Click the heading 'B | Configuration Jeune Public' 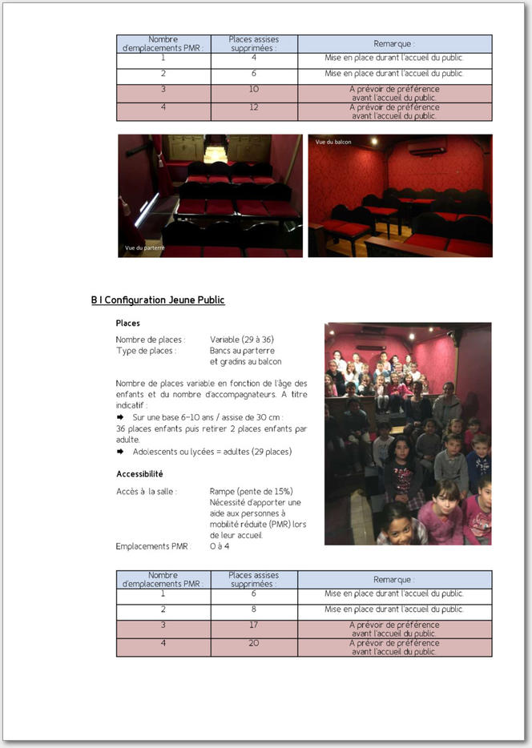(x=158, y=300)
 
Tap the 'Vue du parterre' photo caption (x=145, y=248)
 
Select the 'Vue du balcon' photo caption (x=333, y=142)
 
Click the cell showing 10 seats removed (x=254, y=90)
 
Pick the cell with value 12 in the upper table (x=254, y=107)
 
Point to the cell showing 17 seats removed (x=254, y=625)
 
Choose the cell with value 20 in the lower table (x=254, y=643)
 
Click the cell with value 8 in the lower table (x=254, y=609)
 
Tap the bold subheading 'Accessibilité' (x=139, y=474)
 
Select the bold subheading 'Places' (x=127, y=324)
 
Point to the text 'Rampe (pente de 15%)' (x=251, y=491)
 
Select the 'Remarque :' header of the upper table (x=394, y=44)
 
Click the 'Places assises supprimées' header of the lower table (x=254, y=580)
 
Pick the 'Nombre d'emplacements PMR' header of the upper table (x=163, y=44)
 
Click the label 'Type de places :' (x=146, y=351)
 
